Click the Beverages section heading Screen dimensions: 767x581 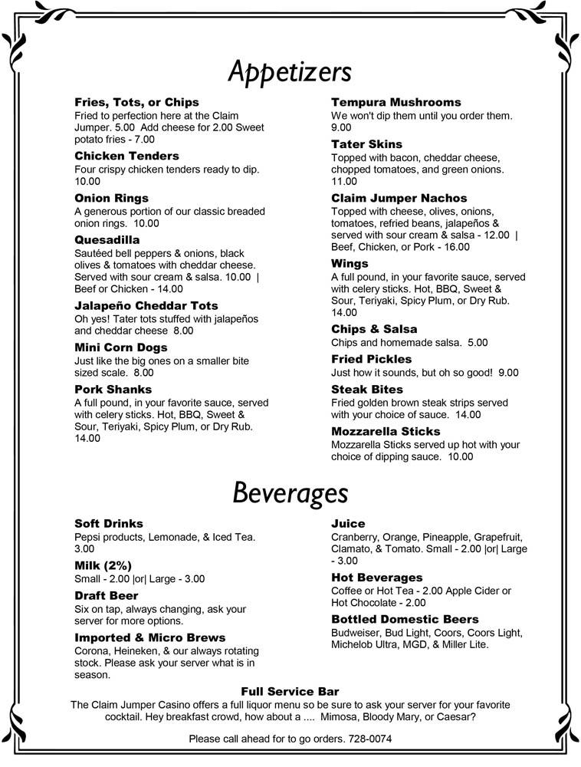[x=290, y=492]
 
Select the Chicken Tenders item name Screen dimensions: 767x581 [x=126, y=156]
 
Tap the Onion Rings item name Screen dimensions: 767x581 [x=111, y=198]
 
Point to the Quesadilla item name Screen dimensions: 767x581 [x=107, y=239]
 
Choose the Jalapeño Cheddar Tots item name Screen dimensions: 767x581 [x=146, y=305]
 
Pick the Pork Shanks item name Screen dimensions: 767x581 [x=113, y=389]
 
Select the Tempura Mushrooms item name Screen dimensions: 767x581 [x=396, y=102]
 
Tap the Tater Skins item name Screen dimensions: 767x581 [x=366, y=144]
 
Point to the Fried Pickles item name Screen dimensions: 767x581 [x=371, y=359]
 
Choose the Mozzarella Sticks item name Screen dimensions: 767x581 [x=386, y=431]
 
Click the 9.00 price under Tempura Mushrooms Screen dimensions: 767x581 [x=341, y=127]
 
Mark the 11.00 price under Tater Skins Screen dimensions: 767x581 [x=344, y=181]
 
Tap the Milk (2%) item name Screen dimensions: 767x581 [x=103, y=565]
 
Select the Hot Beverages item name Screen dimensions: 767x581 [x=377, y=577]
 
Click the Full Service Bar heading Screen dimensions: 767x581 [x=290, y=691]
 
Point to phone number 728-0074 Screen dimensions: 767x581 [x=370, y=739]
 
